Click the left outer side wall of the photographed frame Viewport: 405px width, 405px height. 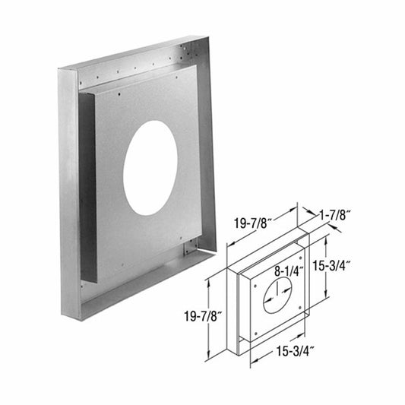click(x=68, y=190)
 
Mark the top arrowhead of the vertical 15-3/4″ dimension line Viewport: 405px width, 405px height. click(x=325, y=238)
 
